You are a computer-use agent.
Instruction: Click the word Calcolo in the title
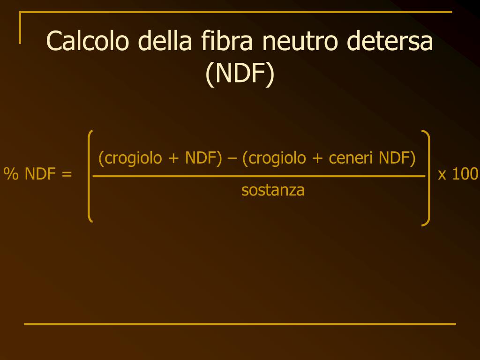(88, 41)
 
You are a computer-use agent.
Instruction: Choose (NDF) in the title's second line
(240, 74)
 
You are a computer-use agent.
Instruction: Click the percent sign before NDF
(10, 174)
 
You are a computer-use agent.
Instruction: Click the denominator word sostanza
(273, 190)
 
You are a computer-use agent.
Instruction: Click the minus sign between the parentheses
(232, 158)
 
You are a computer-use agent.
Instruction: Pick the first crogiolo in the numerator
(132, 158)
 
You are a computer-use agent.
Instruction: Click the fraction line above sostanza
(259, 176)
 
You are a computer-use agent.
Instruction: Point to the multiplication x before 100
(442, 175)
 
